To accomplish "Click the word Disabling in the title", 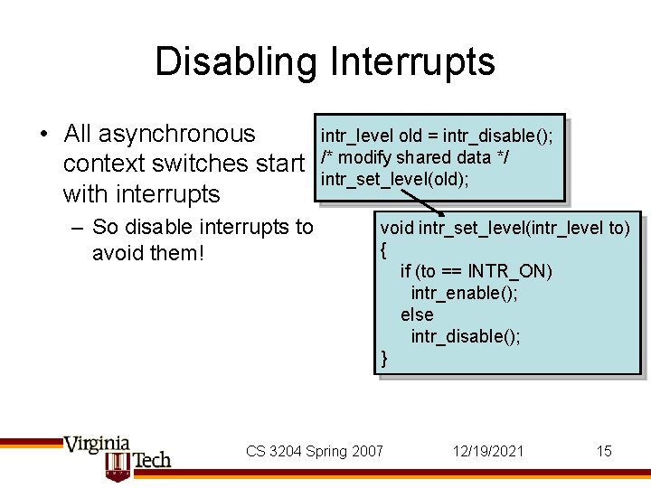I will click(235, 62).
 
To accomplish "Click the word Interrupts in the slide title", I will click(411, 62).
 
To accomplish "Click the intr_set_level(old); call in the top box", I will click(394, 179).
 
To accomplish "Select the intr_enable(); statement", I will click(465, 293).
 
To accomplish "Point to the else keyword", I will click(417, 314).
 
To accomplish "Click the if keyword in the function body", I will click(405, 271).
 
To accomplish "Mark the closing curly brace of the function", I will click(384, 358).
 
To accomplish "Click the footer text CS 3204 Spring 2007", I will click(315, 451).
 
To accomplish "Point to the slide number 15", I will click(604, 451).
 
